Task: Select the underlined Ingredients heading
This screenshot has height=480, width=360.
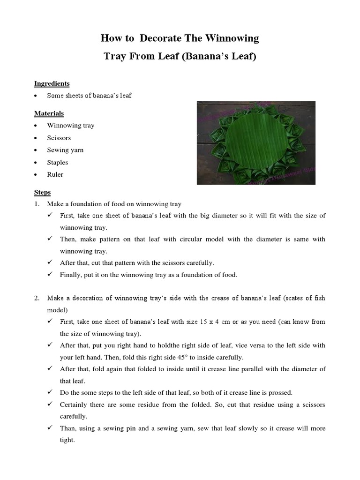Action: tap(52, 83)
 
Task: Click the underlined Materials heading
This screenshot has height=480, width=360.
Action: tap(49, 113)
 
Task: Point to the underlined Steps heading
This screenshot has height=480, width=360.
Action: tap(42, 193)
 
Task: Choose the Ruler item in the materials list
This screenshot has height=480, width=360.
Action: tap(55, 174)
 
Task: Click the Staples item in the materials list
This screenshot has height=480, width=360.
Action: tap(57, 162)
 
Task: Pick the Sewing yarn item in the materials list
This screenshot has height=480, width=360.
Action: tap(65, 150)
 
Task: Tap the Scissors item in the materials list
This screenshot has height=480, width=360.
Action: tap(59, 138)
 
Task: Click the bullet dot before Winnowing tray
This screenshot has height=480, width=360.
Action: tap(36, 126)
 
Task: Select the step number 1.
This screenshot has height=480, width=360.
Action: tap(36, 204)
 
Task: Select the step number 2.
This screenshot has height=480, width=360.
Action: tap(36, 298)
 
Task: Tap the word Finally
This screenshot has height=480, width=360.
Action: tap(71, 275)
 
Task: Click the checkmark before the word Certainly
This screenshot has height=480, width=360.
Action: tap(50, 405)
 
